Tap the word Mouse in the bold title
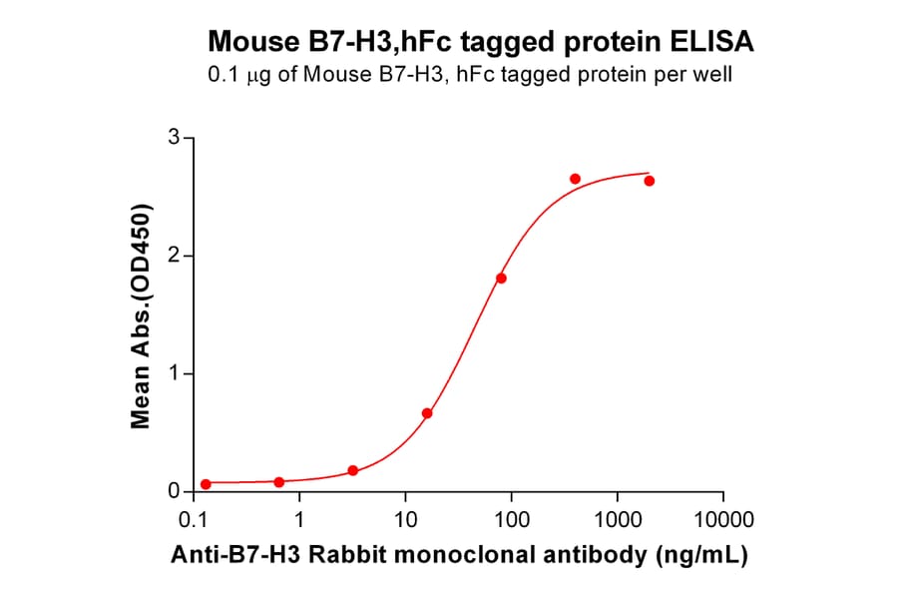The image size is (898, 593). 247,43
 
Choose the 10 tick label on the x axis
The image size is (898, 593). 405,520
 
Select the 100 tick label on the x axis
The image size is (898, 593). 511,520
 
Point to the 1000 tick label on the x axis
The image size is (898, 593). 617,520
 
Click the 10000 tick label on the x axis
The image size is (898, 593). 722,520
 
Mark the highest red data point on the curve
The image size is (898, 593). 575,179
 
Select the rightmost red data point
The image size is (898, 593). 650,181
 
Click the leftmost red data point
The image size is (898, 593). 206,484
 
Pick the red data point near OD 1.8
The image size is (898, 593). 501,278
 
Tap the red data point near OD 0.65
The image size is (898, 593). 427,413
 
